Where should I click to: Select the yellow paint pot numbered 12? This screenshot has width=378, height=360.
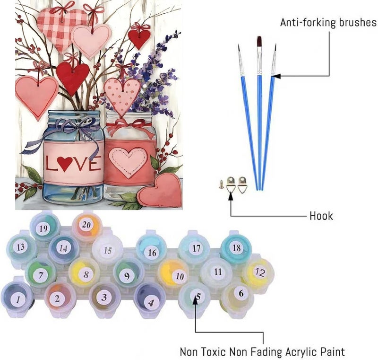coord(258,273)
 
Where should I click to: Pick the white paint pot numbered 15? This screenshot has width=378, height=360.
coord(107,249)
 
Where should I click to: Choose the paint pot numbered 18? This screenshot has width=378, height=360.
coord(236,248)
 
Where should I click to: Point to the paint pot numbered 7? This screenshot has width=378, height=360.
coord(40,274)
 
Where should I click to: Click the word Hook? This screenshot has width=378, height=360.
coord(321,216)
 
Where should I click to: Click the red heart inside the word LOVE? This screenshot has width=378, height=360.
coord(65,163)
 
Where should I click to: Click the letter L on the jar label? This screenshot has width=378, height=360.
coord(51,163)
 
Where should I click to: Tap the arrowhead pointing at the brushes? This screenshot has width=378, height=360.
coord(275,76)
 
